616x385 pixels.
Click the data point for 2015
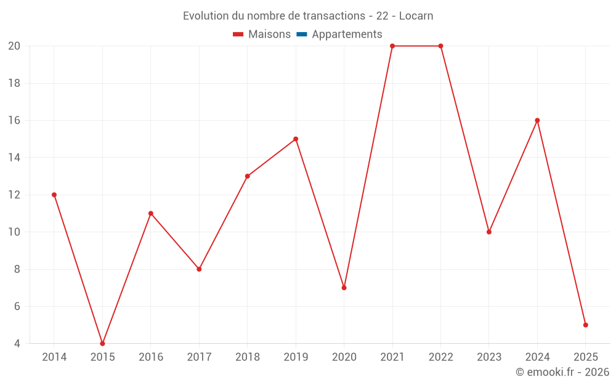coord(102,343)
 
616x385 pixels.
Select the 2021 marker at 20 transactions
coord(392,46)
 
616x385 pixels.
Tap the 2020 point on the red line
coord(344,288)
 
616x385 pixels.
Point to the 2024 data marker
coord(537,121)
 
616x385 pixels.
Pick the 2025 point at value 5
coord(585,325)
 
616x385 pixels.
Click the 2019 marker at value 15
coord(296,139)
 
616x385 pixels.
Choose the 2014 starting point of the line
coord(54,195)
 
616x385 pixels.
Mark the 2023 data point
coord(489,232)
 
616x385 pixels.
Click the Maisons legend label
coord(269,34)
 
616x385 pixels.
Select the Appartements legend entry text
coord(347,34)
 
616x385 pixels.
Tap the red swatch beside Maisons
coord(238,34)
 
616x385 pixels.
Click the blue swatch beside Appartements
coord(302,34)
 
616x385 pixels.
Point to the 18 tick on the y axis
coord(14,83)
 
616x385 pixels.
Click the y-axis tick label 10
coord(14,232)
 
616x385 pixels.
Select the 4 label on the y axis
coord(17,343)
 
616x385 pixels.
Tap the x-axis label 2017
coord(199,357)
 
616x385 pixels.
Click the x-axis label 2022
coord(440,357)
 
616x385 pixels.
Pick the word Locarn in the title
coord(416,16)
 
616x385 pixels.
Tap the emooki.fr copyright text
coord(562,372)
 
